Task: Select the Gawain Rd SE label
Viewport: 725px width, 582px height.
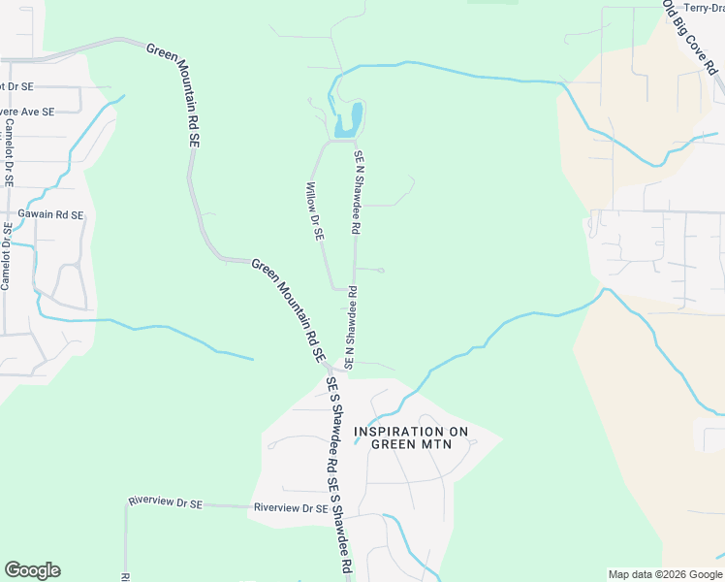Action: point(50,214)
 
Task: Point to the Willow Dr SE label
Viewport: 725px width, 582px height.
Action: point(315,211)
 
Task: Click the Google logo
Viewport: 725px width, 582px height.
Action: point(32,570)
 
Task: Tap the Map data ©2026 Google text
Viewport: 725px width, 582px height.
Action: point(664,574)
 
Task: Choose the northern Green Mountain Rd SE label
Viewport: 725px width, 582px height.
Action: point(174,93)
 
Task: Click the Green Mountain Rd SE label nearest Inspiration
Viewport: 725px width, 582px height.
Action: point(289,310)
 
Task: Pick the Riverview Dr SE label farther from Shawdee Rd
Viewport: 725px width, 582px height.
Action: point(165,502)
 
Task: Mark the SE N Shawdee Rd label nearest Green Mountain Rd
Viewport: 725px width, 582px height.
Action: point(350,327)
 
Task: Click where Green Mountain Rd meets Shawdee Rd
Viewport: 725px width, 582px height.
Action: point(330,368)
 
